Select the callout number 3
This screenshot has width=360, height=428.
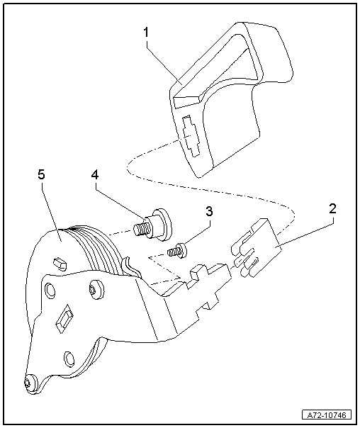[208, 212]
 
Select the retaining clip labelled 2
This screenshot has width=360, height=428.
[254, 247]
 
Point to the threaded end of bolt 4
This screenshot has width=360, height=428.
[141, 227]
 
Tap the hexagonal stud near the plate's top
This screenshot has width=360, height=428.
[60, 263]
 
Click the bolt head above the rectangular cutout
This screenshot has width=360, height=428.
[95, 291]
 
